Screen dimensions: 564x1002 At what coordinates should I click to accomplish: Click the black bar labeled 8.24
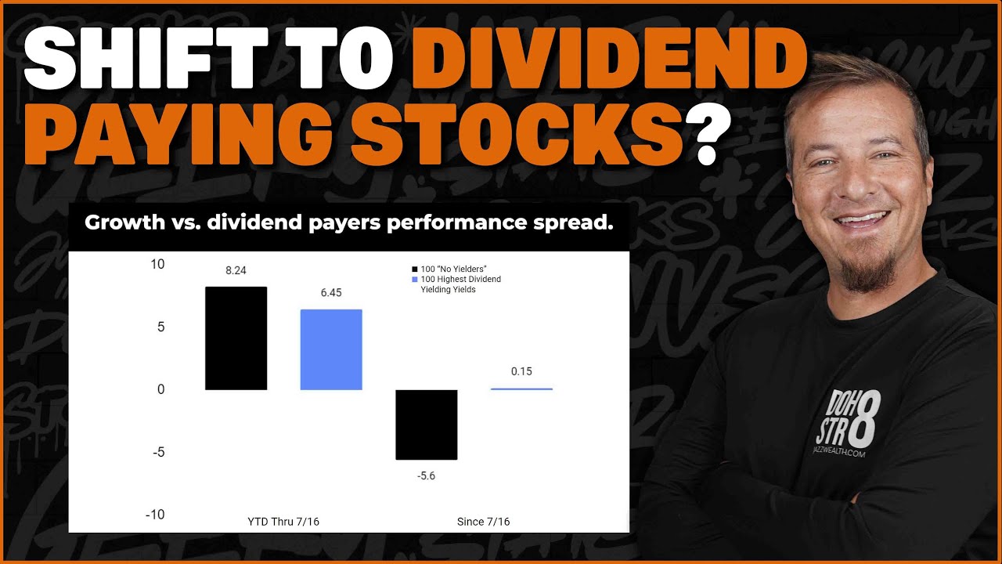pos(236,338)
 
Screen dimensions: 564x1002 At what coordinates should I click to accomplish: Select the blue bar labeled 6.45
pos(331,349)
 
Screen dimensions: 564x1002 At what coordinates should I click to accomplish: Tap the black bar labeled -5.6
pos(427,425)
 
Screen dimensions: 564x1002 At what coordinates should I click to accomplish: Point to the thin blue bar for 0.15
pos(521,389)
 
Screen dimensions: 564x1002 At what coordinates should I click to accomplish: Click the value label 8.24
pos(236,270)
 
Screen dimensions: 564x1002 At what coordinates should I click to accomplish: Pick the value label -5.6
pos(427,476)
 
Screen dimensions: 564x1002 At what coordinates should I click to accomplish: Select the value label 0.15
pos(521,371)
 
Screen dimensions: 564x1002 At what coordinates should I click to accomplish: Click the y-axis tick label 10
pos(157,264)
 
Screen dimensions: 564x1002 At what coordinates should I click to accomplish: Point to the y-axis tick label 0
pos(161,389)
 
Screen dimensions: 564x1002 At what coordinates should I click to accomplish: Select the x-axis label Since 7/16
pos(483,522)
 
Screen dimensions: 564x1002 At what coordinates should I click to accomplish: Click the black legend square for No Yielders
pos(415,269)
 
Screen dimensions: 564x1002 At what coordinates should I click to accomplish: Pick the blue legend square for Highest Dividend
pos(415,280)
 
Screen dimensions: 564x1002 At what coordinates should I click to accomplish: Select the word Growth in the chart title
pos(121,222)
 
